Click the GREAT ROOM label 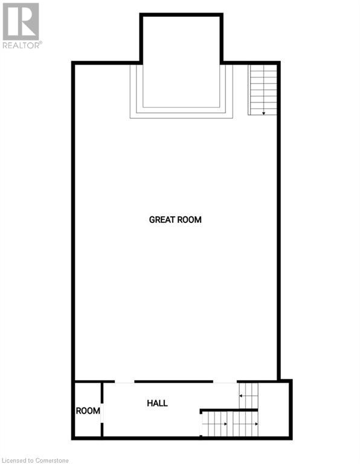pos(175,220)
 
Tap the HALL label pos(157,403)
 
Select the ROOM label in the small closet pos(88,411)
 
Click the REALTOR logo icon pos(21,21)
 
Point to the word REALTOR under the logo pos(21,45)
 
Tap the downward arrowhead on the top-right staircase pos(264,112)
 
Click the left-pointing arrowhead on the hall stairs pos(241,396)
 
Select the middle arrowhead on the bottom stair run pos(226,424)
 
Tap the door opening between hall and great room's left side pos(124,382)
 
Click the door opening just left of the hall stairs pos(225,382)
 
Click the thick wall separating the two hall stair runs pos(230,410)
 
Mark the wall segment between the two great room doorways pos(173,381)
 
